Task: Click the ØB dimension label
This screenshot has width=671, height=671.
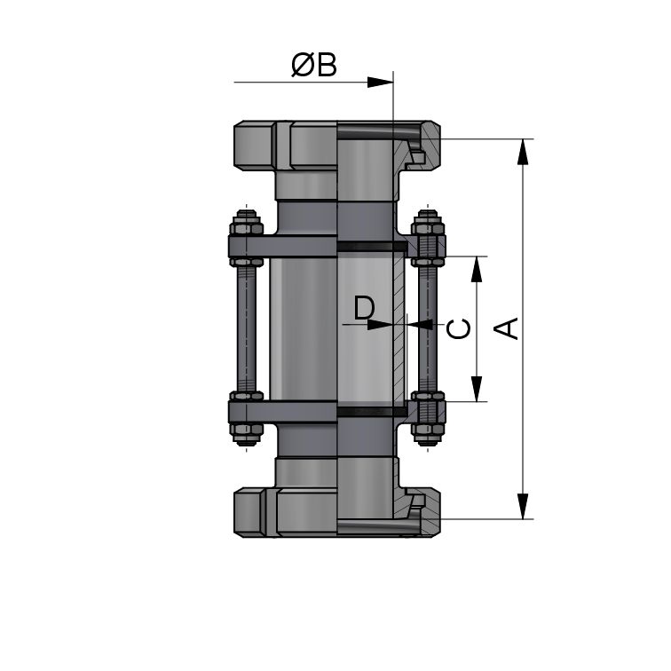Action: (x=314, y=66)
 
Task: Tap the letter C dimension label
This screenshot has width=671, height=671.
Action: (x=458, y=329)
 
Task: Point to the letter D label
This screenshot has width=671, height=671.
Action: (x=364, y=308)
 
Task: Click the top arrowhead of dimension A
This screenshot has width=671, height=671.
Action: (x=525, y=152)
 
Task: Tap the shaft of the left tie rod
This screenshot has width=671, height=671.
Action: (x=245, y=328)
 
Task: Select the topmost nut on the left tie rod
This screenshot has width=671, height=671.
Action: (x=245, y=221)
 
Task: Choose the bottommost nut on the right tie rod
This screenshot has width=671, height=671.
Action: (x=428, y=433)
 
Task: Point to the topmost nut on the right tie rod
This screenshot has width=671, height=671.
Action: (x=428, y=221)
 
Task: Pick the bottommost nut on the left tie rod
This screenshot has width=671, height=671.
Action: (x=245, y=433)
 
